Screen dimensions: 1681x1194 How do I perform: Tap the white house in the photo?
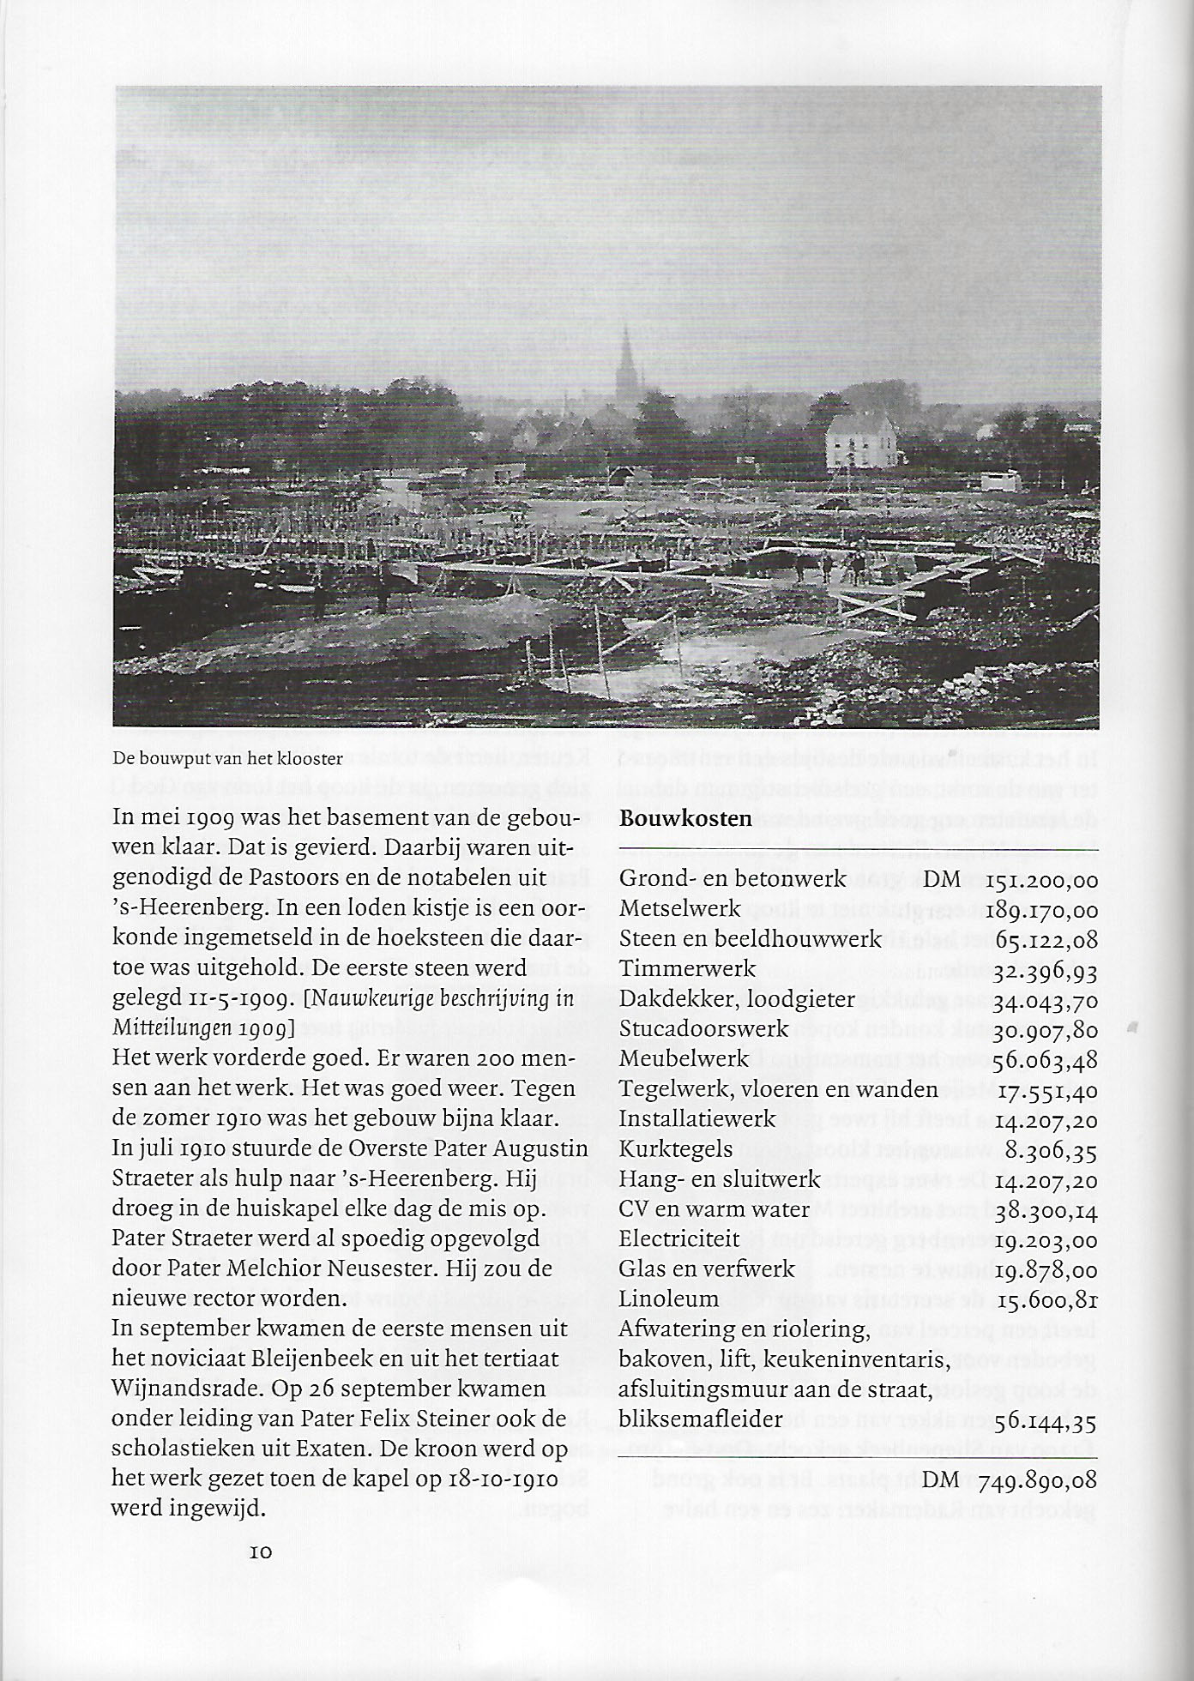pos(861,439)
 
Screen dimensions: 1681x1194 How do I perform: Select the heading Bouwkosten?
pos(685,818)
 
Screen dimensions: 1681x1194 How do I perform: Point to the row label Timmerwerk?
pos(688,969)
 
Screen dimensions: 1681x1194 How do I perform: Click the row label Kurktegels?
pos(676,1149)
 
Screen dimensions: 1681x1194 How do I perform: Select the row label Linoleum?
pos(669,1299)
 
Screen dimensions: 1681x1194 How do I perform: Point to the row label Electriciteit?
pos(679,1239)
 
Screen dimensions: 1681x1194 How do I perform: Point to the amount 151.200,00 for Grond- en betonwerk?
pos(1042,880)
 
